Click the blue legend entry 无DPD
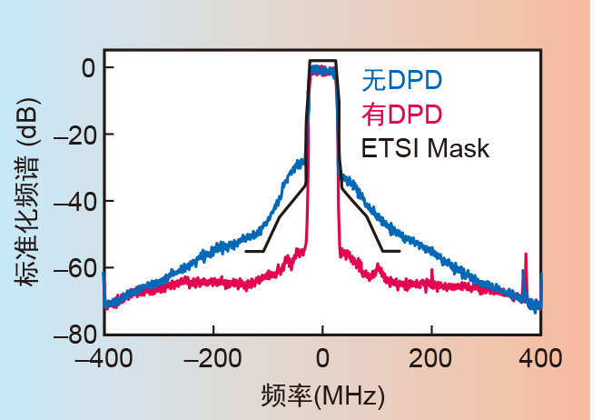pos(402,80)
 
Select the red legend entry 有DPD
pos(402,115)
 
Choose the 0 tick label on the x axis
pos(322,355)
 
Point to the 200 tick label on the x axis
pos(432,355)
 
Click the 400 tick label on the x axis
pos(542,355)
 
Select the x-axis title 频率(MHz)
pos(322,395)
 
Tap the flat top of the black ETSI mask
pos(322,61)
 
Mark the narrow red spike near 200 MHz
pos(432,273)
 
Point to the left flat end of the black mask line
pos(254,251)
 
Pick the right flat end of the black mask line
pos(390,251)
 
